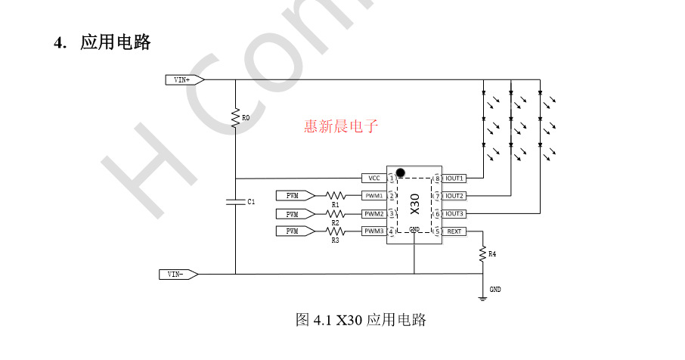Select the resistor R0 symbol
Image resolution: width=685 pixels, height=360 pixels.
[235, 119]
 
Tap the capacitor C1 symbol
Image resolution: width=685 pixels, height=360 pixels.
[235, 202]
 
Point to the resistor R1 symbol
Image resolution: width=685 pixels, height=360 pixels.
[335, 195]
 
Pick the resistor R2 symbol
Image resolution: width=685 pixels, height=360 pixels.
[335, 213]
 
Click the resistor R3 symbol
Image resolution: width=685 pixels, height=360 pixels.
[335, 231]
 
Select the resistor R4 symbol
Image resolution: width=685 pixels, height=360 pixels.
[482, 255]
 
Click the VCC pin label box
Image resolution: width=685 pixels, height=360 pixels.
[373, 178]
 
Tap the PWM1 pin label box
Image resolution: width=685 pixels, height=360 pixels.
[373, 195]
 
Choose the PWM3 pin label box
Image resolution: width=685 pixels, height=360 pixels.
[373, 231]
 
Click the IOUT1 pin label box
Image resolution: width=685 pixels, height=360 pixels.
[454, 178]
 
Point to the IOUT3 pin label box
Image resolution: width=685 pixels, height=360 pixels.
[454, 213]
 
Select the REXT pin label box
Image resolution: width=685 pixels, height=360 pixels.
[454, 231]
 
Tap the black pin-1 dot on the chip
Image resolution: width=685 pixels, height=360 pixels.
[401, 172]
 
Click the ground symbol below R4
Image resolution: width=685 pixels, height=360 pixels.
[482, 297]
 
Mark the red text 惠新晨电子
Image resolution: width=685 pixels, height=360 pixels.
[340, 126]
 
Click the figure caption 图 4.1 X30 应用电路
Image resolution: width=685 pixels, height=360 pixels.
[361, 320]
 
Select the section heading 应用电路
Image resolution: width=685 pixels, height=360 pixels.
[116, 42]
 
